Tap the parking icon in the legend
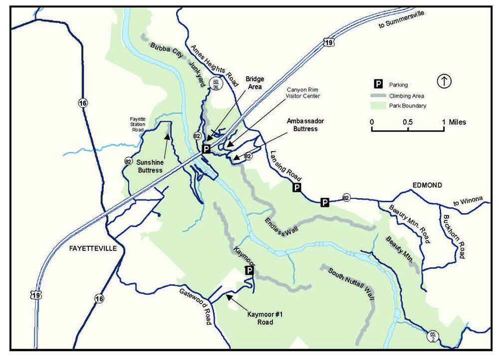click(379, 85)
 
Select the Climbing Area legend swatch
click(379, 95)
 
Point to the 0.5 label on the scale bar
click(408, 122)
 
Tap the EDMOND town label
click(427, 185)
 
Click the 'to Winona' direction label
click(468, 200)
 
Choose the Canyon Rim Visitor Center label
click(303, 93)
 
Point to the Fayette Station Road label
click(138, 124)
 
